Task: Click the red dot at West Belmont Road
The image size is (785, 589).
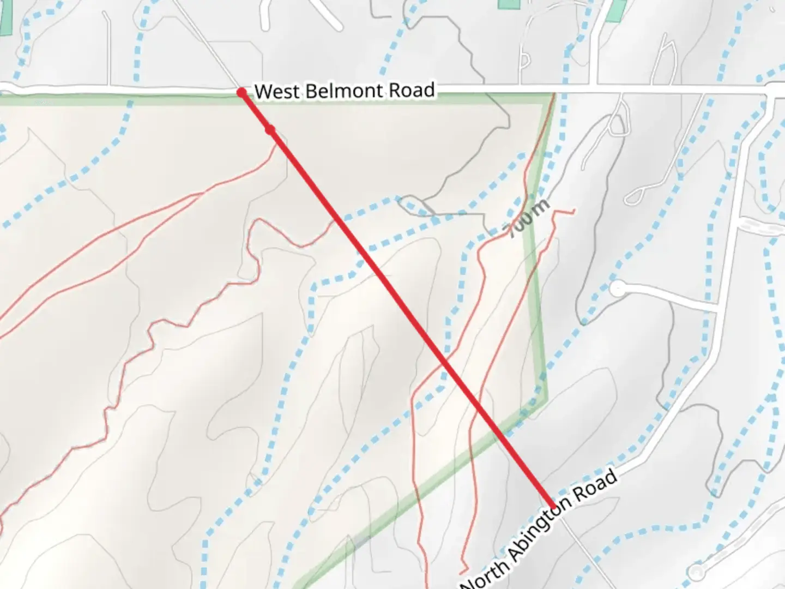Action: pos(241,93)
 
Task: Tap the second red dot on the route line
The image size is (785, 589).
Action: pos(270,130)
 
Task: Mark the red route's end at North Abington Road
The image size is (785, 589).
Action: pos(554,507)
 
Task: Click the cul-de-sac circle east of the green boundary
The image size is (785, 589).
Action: pos(617,289)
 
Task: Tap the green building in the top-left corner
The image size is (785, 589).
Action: pos(5,16)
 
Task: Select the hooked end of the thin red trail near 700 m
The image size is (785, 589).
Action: pos(572,211)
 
